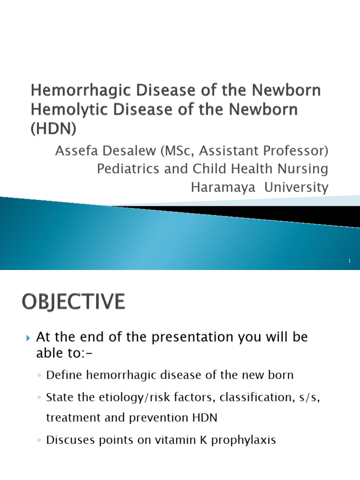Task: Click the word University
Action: point(296,187)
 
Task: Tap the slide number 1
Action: point(349,261)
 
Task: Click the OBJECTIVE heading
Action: point(73,301)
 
